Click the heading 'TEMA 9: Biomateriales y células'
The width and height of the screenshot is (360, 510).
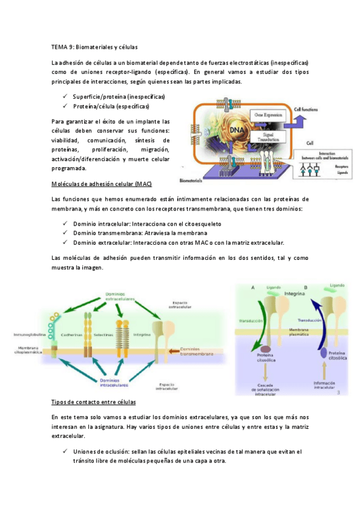pos(94,46)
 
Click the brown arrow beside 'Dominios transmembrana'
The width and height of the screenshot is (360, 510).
pos(174,351)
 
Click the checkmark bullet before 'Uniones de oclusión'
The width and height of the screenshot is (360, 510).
pos(64,452)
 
